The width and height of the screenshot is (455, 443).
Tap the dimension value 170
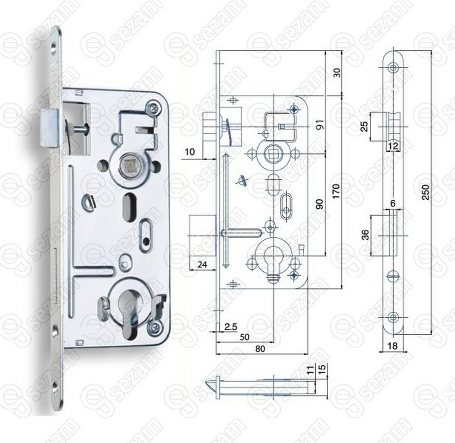pyautogui.click(x=336, y=191)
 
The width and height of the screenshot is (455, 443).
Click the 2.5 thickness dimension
pyautogui.click(x=231, y=326)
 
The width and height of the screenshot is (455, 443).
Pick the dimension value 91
pyautogui.click(x=321, y=125)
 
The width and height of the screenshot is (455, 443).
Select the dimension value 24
pyautogui.click(x=203, y=265)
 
